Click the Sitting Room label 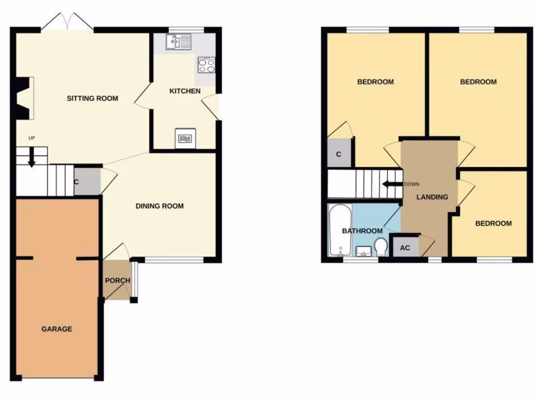92,98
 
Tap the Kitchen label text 185,91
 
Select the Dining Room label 159,206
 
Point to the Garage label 57,329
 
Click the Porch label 118,280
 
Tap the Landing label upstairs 432,197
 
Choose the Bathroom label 362,231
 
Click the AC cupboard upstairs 405,247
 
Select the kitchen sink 179,42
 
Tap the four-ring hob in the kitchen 206,65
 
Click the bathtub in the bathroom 340,230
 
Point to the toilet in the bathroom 380,246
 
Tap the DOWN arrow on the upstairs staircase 389,184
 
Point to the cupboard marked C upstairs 339,154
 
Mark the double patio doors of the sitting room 67,24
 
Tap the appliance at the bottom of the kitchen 185,138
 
